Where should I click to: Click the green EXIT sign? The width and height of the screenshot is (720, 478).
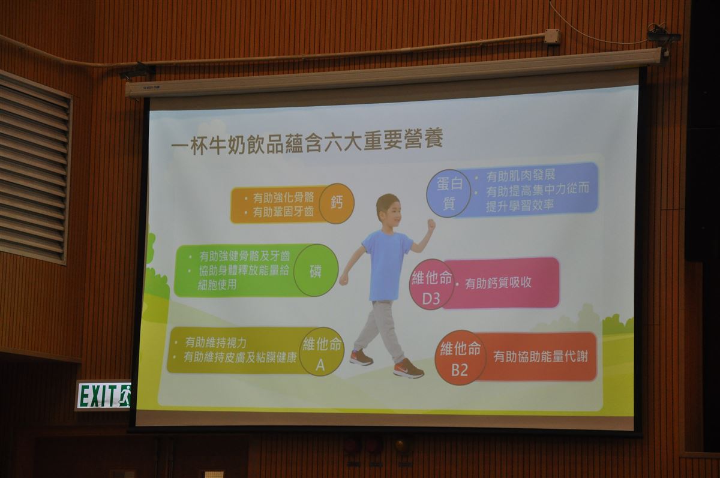103,395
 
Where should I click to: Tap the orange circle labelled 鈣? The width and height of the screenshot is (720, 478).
336,203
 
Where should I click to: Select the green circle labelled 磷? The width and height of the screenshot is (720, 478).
316,270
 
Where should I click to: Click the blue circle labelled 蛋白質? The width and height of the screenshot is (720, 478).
449,193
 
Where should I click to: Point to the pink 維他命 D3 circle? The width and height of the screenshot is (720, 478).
431,285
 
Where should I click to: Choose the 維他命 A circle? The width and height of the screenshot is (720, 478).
321,352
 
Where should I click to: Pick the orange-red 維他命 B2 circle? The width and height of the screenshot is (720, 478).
460,357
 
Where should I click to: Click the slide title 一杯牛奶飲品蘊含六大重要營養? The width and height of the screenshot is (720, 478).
307,142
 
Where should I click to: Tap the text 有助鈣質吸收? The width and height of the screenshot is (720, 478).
498,283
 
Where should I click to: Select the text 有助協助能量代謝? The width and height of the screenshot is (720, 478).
541,357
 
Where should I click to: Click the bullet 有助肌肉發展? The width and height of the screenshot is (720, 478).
520,176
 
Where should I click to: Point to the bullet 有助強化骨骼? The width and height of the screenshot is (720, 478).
283,198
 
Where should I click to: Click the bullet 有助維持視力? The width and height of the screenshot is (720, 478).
215,342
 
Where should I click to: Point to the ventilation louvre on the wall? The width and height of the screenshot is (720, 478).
34,167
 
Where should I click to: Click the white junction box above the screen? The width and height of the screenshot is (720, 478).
552,36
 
